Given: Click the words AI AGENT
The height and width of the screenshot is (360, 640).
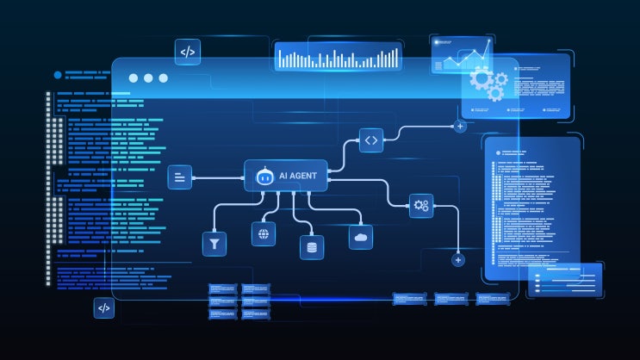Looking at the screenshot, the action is point(297,176).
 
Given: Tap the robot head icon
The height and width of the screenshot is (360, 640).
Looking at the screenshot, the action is point(264,177).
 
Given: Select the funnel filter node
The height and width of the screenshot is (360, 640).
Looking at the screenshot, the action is point(214,244).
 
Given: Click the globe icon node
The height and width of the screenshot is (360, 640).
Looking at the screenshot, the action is point(264,234).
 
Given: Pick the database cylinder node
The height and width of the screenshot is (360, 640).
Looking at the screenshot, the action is point(312,247).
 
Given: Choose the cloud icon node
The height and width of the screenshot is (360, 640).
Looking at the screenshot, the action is point(361,237).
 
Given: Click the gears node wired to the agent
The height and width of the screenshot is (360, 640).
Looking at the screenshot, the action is point(421,205).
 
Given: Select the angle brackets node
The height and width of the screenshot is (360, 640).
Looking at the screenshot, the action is point(371,140).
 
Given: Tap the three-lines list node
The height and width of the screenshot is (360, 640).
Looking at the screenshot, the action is point(179,177).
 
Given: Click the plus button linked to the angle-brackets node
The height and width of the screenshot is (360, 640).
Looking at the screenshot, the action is point(460,126).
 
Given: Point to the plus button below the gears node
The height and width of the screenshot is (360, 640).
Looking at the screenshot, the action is point(458,260).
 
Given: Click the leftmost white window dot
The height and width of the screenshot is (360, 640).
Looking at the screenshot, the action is point(133,78).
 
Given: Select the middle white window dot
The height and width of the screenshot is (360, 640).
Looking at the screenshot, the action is point(148,78).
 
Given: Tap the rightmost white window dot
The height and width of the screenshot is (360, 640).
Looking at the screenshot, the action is point(164,78).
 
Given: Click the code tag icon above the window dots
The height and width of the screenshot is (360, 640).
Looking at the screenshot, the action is point(188,52).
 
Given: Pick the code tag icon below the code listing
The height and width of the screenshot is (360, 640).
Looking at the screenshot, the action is point(104,307).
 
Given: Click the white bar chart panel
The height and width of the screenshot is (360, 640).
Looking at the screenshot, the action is point(339,57).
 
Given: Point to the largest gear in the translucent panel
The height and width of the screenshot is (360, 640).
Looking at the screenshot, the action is point(481,78).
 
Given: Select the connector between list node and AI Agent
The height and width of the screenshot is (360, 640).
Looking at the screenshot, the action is point(218,178).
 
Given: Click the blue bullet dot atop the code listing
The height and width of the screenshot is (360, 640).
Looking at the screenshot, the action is point(58,75).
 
